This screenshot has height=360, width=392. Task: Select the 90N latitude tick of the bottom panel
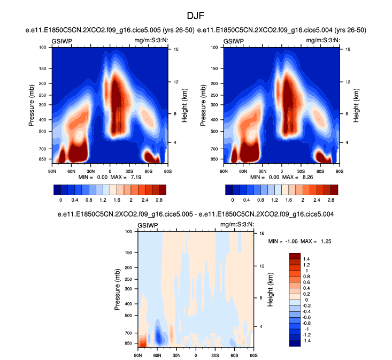coord(138,355)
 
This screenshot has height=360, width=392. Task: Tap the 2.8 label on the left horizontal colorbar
coord(158,199)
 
